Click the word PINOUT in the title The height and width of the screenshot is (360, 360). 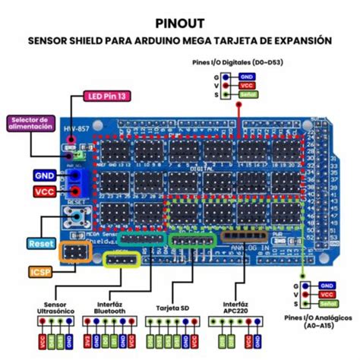180,23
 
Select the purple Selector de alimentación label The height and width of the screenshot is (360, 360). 30,123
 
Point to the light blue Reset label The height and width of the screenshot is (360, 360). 40,243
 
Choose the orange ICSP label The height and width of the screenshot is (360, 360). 40,270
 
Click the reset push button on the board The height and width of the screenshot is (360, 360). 76,218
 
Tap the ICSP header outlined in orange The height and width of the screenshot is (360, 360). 74,252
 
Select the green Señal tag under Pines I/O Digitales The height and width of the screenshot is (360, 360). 247,94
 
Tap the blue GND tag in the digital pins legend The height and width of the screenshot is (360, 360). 247,77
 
